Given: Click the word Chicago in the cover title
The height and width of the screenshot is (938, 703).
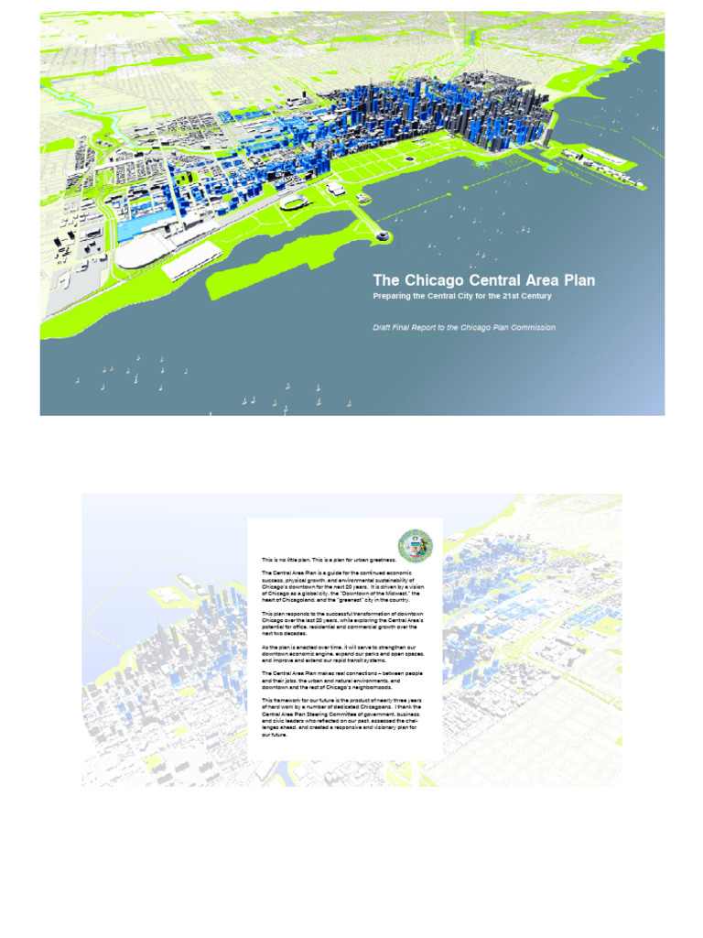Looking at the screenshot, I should click(x=435, y=280).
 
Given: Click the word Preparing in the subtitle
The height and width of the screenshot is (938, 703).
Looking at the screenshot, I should click(x=395, y=297).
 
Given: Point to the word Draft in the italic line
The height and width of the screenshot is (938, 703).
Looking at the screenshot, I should click(x=384, y=327).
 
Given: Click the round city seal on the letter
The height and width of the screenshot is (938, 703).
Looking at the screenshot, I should click(x=415, y=546).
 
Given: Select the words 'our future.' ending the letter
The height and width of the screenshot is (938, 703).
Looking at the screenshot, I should click(x=275, y=734).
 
